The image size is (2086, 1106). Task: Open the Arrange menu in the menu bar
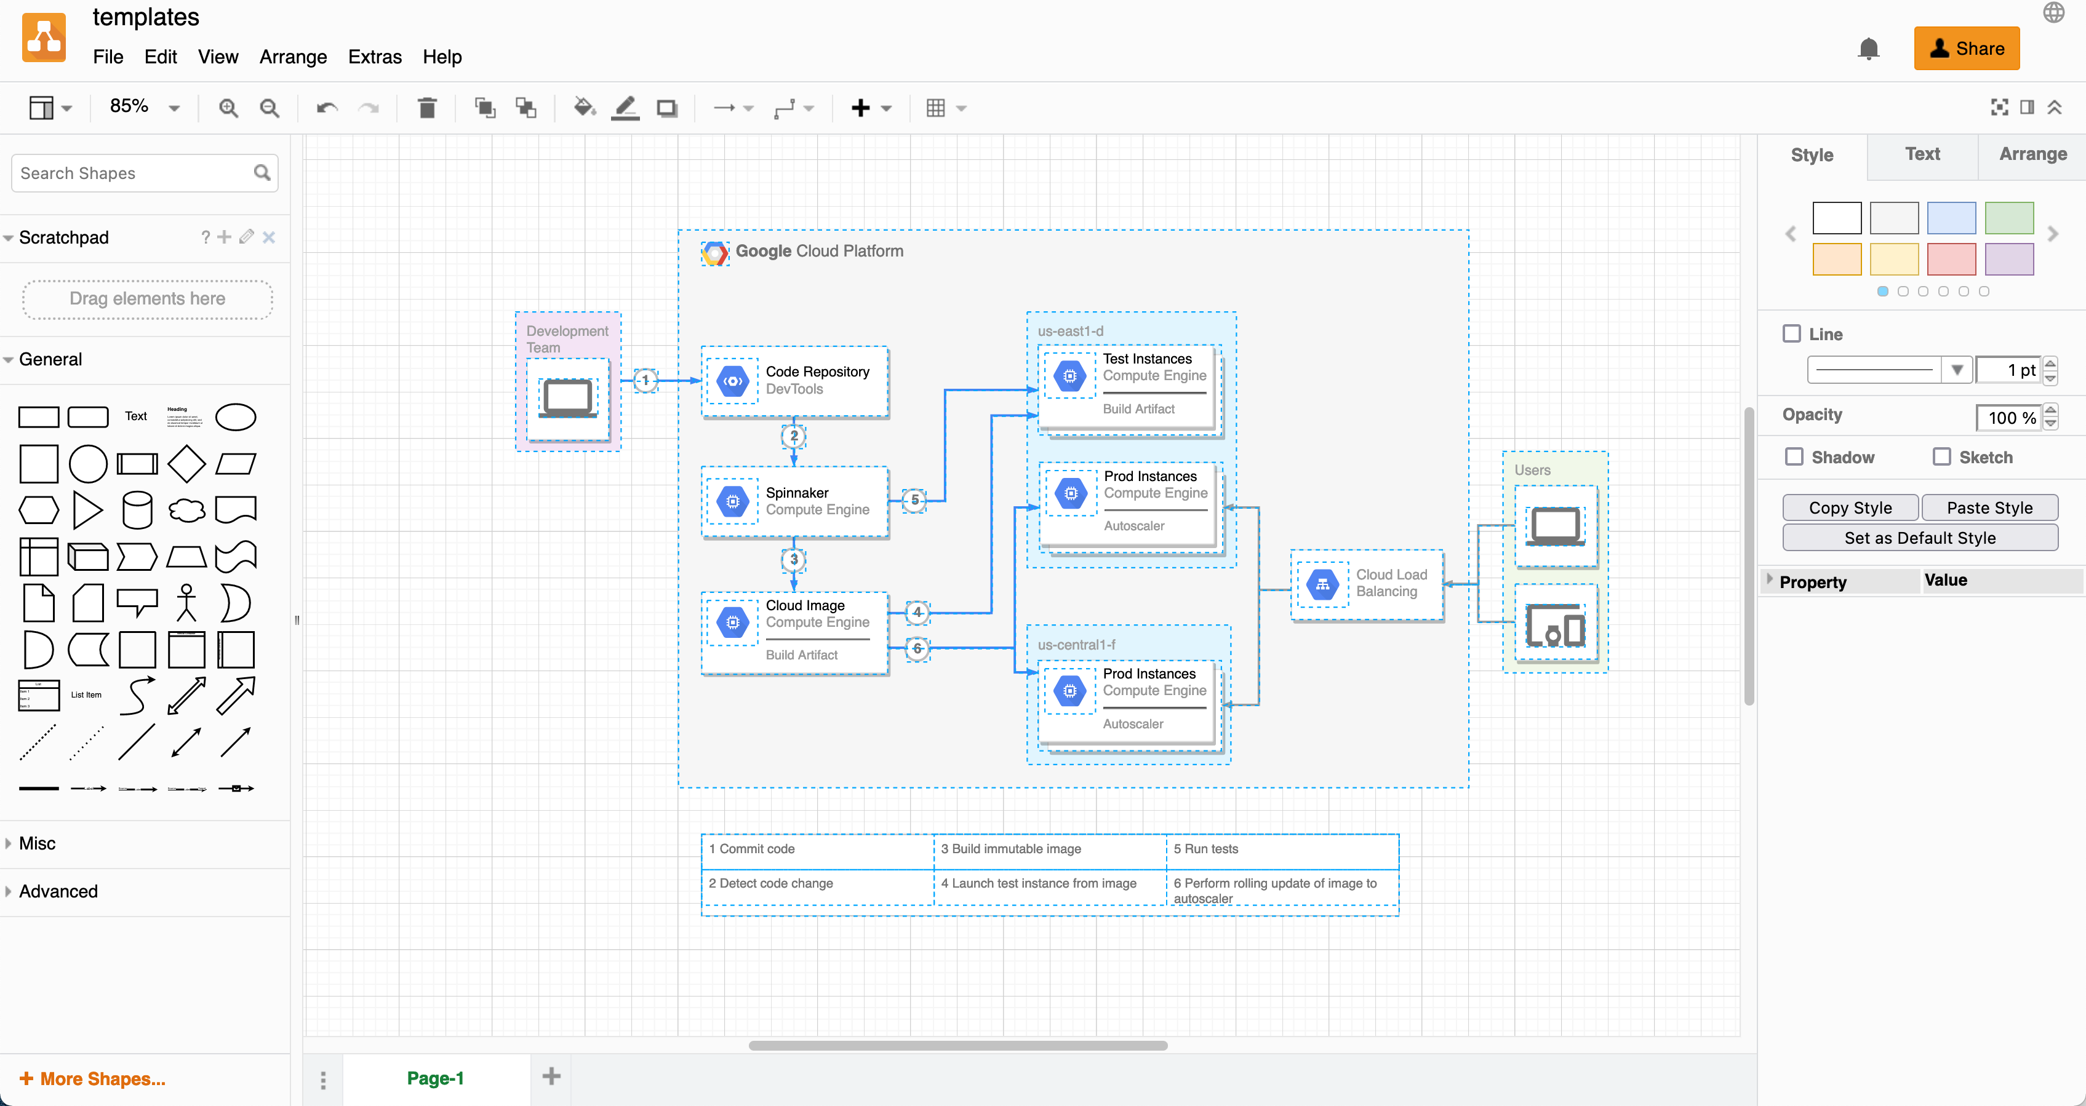click(x=293, y=57)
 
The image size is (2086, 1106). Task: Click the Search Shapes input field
click(x=134, y=173)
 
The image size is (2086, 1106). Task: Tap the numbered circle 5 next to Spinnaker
click(x=914, y=500)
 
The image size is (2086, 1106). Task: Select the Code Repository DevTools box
click(x=794, y=381)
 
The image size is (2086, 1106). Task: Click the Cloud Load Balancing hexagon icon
click(x=1322, y=584)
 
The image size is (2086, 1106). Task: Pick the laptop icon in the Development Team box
click(x=568, y=397)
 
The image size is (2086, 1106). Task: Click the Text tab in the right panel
click(x=1922, y=154)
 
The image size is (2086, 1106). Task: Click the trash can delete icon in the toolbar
click(x=427, y=108)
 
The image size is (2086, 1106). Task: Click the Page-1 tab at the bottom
click(x=435, y=1078)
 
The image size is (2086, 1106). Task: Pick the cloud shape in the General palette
click(x=186, y=510)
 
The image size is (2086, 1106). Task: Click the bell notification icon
click(x=1868, y=49)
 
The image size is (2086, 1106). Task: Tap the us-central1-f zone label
click(x=1076, y=645)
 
